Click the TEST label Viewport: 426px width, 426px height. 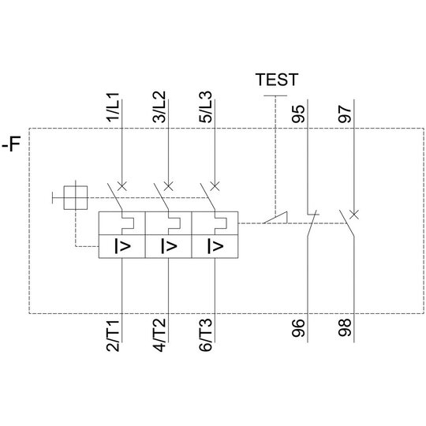click(277, 80)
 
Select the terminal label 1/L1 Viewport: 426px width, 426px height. click(113, 107)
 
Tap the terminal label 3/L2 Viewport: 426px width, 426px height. click(159, 107)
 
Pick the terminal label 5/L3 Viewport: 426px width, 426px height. click(205, 107)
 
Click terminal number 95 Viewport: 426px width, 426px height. click(298, 114)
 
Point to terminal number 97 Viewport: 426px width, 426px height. click(345, 114)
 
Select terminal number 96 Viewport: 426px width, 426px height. click(298, 328)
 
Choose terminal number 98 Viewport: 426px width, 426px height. click(345, 327)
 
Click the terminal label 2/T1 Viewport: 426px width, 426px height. click(113, 336)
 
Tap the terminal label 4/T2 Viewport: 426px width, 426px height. click(159, 335)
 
